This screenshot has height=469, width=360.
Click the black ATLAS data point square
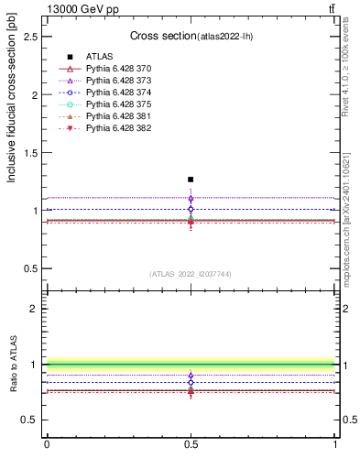(x=191, y=180)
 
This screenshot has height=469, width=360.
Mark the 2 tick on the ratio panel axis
(x=38, y=309)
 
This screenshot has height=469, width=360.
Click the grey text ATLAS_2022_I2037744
(x=190, y=274)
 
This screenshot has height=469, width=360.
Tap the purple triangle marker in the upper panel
(x=191, y=198)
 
